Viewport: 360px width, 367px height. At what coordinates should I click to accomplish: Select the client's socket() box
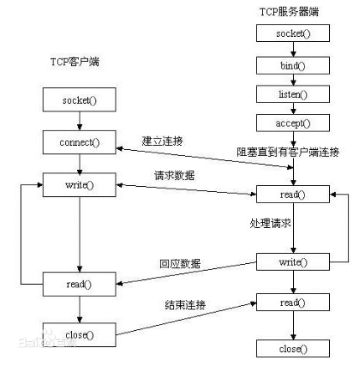pyautogui.click(x=79, y=101)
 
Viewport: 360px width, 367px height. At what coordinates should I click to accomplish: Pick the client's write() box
pyautogui.click(x=79, y=183)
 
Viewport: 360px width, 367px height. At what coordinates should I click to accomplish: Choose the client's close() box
pyautogui.click(x=79, y=335)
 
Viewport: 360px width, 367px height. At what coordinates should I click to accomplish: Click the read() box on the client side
pyautogui.click(x=79, y=285)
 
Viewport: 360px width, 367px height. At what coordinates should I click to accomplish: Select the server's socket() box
pyautogui.click(x=292, y=34)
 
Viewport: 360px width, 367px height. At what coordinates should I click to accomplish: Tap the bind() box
pyautogui.click(x=292, y=65)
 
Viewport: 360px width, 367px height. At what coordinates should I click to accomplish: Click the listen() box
pyautogui.click(x=292, y=95)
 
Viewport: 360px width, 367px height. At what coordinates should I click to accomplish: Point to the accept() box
pyautogui.click(x=292, y=124)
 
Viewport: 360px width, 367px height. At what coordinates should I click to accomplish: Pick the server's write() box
pyautogui.click(x=292, y=262)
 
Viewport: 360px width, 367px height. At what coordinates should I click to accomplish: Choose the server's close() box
pyautogui.click(x=292, y=348)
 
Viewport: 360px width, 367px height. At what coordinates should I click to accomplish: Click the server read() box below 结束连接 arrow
pyautogui.click(x=292, y=302)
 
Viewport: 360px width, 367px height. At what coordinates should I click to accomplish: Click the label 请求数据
pyautogui.click(x=175, y=176)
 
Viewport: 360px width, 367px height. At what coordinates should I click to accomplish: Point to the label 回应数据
pyautogui.click(x=180, y=263)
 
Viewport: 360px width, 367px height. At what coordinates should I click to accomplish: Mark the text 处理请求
pyautogui.click(x=270, y=225)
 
